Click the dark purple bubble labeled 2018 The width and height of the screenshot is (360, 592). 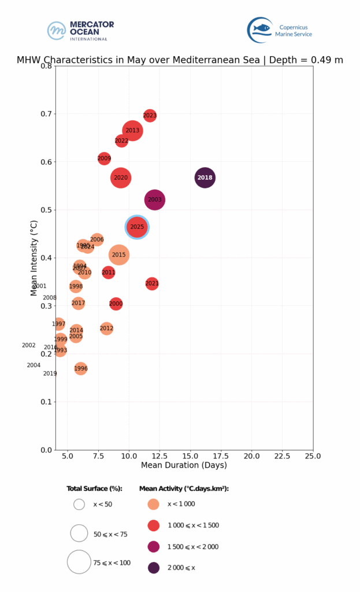pos(205,177)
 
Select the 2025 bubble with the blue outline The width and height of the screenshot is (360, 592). pos(137,227)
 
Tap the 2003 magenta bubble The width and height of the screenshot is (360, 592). pos(155,200)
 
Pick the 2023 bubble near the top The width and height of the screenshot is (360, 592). pos(150,116)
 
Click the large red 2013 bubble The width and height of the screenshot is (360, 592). pos(132,131)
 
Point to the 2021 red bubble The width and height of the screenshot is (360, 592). pos(152,283)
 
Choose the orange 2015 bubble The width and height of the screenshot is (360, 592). pos(118,254)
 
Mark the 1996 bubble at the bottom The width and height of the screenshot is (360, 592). pos(81,368)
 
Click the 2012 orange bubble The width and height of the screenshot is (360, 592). pos(106,328)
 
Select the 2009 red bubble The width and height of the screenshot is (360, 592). pos(104,158)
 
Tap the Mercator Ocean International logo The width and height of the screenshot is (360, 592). pos(81,31)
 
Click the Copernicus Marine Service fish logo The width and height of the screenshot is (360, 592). pos(259,29)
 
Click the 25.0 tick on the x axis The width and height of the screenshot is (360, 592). pos(313,456)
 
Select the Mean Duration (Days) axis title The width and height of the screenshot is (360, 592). pos(184,465)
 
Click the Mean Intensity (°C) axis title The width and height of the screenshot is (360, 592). pos(34,258)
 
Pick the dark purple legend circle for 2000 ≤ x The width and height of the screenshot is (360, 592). pos(154,568)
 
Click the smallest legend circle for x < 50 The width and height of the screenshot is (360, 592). pos(79,504)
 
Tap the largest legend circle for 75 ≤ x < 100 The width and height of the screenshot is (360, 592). pos(79,561)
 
